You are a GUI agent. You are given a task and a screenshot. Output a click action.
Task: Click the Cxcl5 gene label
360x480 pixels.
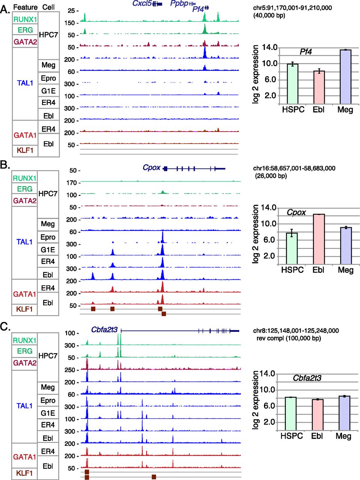(142, 4)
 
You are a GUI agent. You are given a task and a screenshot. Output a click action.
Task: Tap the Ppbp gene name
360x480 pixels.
(179, 4)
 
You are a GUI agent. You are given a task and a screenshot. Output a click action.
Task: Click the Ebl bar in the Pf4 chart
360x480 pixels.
(319, 87)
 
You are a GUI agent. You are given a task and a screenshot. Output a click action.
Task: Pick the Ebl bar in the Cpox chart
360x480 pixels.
(319, 239)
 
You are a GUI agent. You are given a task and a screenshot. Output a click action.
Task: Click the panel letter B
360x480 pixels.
(5, 165)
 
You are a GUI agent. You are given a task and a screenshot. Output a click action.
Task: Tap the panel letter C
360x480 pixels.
(5, 326)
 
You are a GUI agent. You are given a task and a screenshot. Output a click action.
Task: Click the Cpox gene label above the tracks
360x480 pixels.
(151, 168)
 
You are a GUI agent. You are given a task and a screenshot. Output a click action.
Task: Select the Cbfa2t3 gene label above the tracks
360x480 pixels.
(104, 330)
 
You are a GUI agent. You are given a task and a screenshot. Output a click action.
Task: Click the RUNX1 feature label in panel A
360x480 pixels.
(25, 19)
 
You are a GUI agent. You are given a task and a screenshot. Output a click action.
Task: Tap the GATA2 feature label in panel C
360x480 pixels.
(25, 363)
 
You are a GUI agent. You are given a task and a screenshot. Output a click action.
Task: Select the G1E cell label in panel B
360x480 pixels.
(48, 249)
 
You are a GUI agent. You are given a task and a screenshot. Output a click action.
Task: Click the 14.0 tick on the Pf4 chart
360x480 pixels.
(269, 47)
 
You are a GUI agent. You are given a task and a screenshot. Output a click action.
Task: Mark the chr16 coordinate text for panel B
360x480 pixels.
(294, 168)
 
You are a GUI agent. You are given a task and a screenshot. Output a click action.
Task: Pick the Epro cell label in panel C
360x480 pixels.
(48, 400)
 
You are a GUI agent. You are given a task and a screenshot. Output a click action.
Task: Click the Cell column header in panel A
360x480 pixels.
(48, 7)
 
